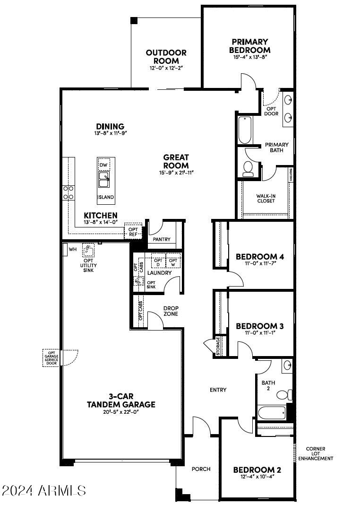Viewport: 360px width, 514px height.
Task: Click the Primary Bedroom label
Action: coord(249,46)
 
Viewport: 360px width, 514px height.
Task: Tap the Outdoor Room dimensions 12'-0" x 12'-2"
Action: coord(166,68)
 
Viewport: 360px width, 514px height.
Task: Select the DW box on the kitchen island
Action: coord(104,164)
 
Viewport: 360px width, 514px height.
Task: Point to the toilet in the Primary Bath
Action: coord(248,169)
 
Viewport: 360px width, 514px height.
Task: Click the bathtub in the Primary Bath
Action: coord(245,130)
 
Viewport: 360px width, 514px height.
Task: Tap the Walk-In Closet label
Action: coord(266,198)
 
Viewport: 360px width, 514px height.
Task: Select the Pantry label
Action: coord(161,239)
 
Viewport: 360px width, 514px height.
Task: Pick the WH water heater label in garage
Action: coord(73,249)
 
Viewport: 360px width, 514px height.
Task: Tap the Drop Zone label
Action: coord(171,310)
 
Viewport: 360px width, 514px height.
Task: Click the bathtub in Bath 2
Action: coord(272,412)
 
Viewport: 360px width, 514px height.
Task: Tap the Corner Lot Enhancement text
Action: coord(319,453)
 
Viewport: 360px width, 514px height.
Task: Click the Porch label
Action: coord(201,469)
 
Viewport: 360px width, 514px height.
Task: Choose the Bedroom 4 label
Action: coord(259,257)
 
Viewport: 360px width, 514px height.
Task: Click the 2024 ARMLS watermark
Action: coord(43,490)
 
